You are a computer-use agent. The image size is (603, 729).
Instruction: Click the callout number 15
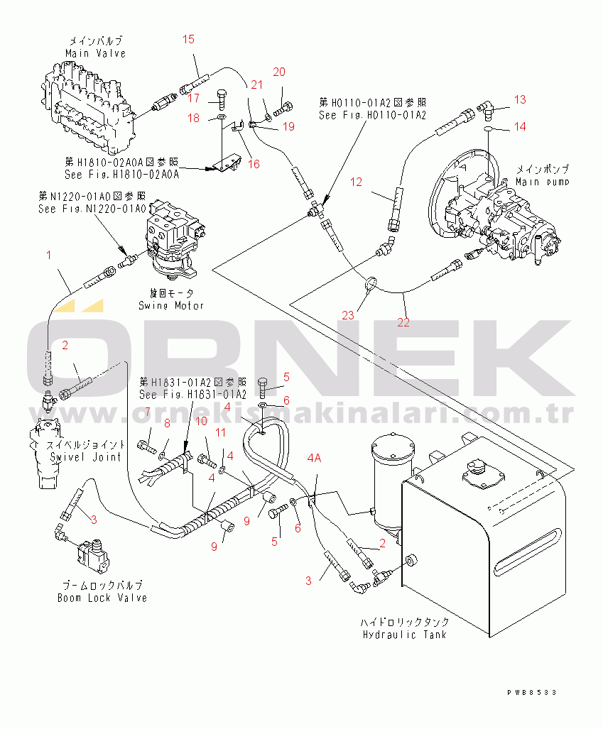[x=188, y=39]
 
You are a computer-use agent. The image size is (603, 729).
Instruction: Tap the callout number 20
[x=279, y=72]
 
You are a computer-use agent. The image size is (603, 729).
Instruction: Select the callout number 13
[x=520, y=99]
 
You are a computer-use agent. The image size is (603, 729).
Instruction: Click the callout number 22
[x=403, y=322]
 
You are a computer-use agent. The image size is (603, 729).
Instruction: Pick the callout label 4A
[x=314, y=459]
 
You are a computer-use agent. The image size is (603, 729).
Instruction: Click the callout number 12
[x=356, y=182]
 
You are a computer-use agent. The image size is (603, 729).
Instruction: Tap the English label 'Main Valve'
[x=95, y=53]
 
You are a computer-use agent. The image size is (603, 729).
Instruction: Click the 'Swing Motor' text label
[x=171, y=305]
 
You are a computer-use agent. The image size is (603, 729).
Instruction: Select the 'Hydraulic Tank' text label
[x=404, y=634]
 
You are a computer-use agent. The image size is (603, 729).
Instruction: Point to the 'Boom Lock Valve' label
[x=102, y=598]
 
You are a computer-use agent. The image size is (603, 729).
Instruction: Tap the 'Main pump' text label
[x=543, y=182]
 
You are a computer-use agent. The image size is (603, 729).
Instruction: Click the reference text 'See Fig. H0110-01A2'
[x=372, y=115]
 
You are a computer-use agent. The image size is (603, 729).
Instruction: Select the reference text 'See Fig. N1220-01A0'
[x=92, y=209]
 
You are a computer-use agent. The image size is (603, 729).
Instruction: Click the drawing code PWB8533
[x=532, y=691]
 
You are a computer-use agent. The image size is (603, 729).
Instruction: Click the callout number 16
[x=253, y=164]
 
